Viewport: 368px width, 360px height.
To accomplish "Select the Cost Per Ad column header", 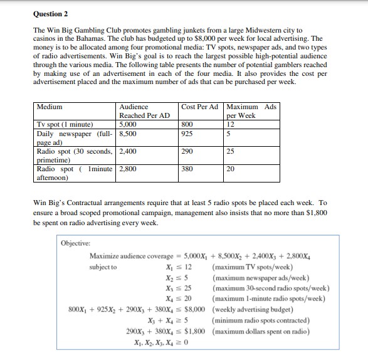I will pos(199,107).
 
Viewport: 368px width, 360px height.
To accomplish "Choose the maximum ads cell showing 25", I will pos(231,152).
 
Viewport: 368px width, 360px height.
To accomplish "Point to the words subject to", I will pos(103,267).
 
